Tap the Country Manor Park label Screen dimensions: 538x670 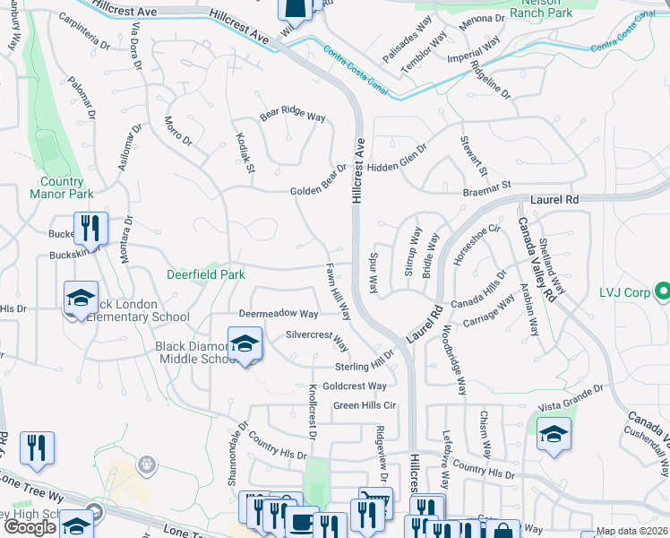61,187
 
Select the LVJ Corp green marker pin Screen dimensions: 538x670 662,292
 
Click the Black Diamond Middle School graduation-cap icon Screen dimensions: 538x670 245,343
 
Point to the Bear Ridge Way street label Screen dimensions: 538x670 292,116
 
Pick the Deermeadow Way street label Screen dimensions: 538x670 279,314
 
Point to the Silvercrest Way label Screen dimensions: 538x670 316,339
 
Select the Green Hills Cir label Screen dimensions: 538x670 364,405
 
